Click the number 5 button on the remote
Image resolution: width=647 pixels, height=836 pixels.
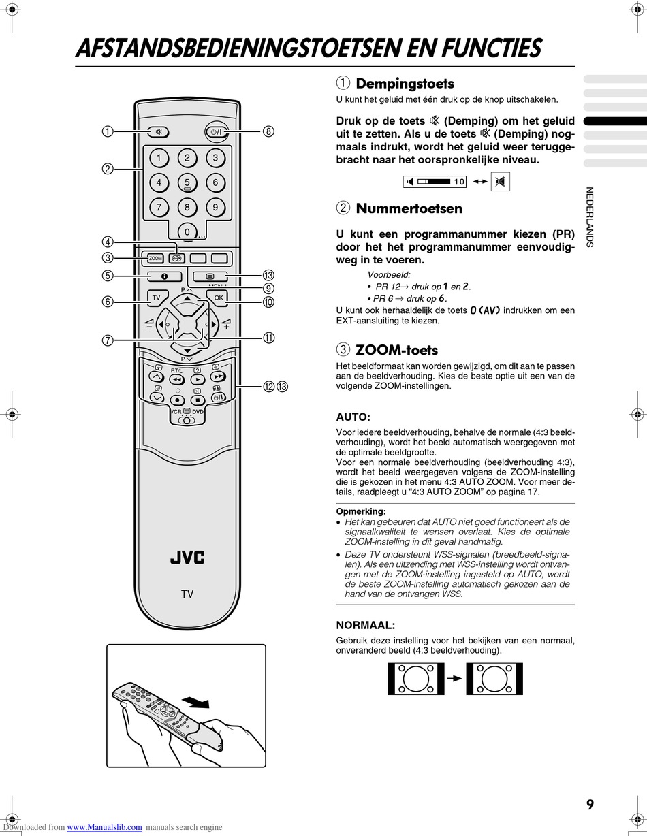tap(187, 182)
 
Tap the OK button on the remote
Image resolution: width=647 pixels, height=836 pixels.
tap(218, 298)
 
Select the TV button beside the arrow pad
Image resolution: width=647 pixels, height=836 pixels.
tap(156, 298)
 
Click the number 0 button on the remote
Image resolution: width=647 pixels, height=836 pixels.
tap(187, 232)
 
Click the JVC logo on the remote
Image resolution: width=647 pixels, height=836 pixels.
tap(187, 558)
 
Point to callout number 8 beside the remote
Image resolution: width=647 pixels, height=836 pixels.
tap(269, 132)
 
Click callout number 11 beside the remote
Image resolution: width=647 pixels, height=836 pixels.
tap(269, 338)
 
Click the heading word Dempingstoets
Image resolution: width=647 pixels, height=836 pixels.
tap(405, 84)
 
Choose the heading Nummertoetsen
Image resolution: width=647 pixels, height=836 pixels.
tap(409, 208)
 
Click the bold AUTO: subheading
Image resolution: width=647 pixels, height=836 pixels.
tap(353, 417)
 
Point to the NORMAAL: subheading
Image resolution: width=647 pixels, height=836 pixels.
tap(365, 625)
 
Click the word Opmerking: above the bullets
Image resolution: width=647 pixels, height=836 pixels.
tap(361, 511)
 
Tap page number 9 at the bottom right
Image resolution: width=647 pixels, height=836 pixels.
tap(590, 805)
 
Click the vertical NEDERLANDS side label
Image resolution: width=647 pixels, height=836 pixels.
tap(590, 217)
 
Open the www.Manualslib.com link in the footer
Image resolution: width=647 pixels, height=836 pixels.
tap(105, 827)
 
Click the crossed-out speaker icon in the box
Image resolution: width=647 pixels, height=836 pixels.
tap(501, 182)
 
